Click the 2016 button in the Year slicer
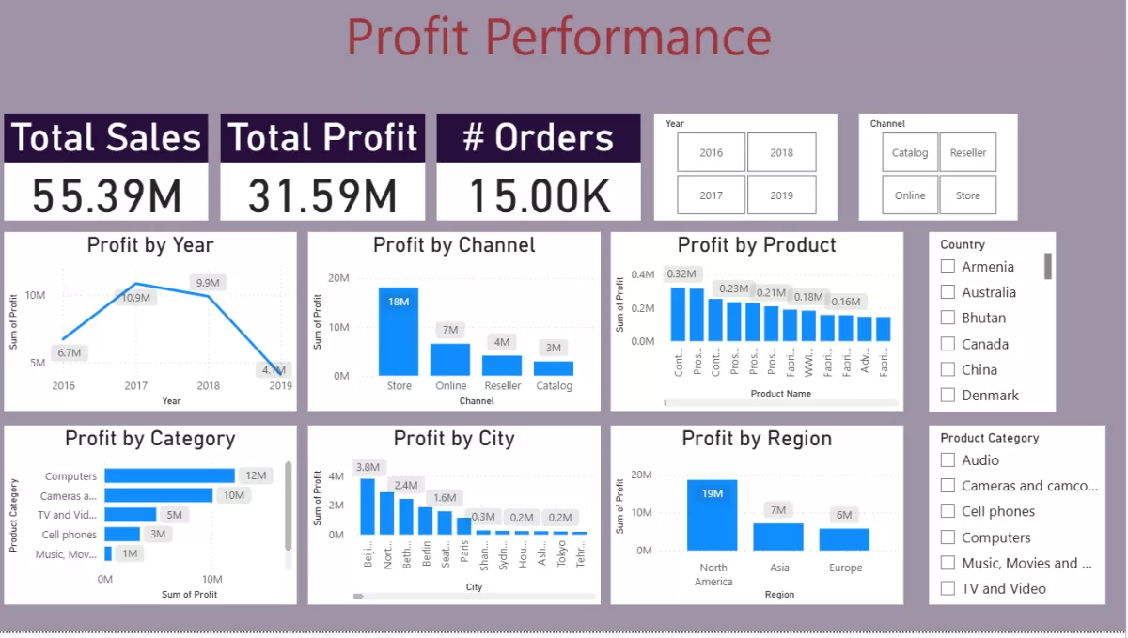click(x=711, y=152)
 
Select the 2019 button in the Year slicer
click(x=781, y=195)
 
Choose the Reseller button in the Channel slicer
click(x=967, y=152)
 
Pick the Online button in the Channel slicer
click(x=909, y=195)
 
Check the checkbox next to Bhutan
click(x=948, y=318)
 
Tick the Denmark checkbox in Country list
click(x=948, y=396)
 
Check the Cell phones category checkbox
click(x=948, y=511)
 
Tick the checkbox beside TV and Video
click(x=948, y=589)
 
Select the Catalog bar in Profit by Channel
click(x=554, y=368)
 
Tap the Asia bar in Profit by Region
click(x=779, y=537)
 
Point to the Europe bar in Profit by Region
click(x=844, y=539)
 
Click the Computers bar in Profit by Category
click(x=169, y=476)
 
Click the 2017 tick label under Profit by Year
click(x=135, y=386)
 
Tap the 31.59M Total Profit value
click(x=322, y=195)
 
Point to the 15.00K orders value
click(x=539, y=195)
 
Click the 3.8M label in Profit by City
click(x=368, y=467)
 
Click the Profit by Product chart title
click(x=757, y=245)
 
